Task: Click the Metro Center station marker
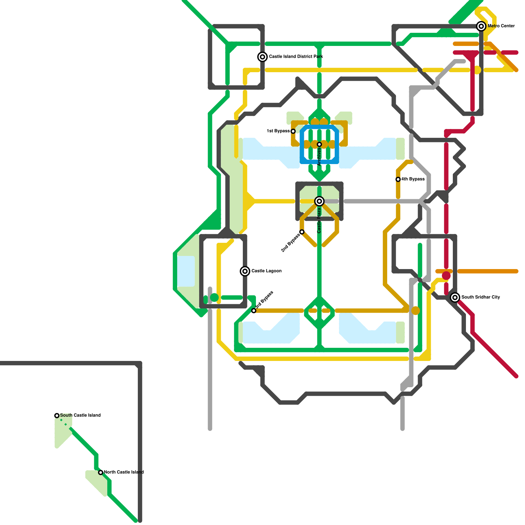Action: (x=481, y=26)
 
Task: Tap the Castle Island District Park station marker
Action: (x=262, y=57)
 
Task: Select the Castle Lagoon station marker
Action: (x=245, y=271)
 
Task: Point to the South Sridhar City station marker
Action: (x=455, y=297)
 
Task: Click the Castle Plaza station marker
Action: (x=319, y=201)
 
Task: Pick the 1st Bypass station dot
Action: (x=293, y=131)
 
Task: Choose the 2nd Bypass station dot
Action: (x=302, y=232)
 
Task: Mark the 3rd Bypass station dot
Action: (x=254, y=310)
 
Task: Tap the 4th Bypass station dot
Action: (x=398, y=179)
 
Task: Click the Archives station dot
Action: (x=319, y=144)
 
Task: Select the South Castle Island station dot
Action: (x=57, y=415)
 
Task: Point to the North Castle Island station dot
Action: (x=101, y=472)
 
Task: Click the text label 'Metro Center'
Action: (x=501, y=26)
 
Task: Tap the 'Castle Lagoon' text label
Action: (x=266, y=271)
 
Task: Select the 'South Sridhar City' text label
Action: (x=481, y=297)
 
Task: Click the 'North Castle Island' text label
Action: (x=124, y=472)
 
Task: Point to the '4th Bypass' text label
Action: (x=413, y=179)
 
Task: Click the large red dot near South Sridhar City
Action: (x=446, y=276)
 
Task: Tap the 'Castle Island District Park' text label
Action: (x=296, y=56)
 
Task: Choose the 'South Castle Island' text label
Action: (x=80, y=415)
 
